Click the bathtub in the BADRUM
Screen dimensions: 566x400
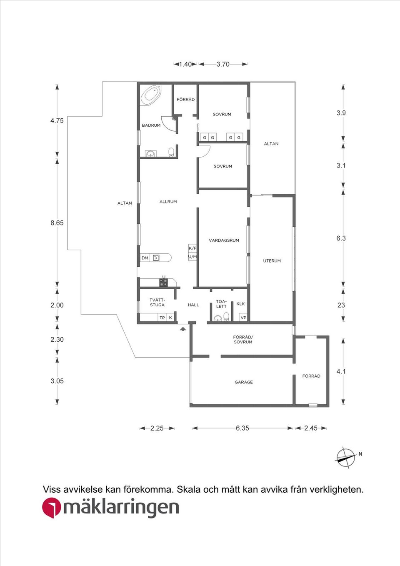point(151,95)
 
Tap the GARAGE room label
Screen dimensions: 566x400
point(244,382)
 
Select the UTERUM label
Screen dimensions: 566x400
point(272,261)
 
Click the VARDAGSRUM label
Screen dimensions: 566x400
point(224,240)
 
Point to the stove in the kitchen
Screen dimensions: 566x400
point(164,283)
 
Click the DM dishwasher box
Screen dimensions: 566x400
point(145,258)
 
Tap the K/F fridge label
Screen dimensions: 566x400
point(192,248)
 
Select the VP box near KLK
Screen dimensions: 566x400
point(243,318)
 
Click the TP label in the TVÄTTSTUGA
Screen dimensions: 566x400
point(162,318)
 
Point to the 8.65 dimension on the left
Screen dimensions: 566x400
point(57,223)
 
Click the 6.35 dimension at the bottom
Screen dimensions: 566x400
point(242,428)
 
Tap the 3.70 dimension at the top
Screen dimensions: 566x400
point(223,64)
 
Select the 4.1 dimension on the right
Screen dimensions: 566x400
point(341,371)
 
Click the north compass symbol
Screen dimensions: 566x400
point(346,457)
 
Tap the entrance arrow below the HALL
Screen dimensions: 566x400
point(182,329)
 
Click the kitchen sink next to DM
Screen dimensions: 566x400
point(156,258)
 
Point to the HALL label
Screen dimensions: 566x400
point(193,305)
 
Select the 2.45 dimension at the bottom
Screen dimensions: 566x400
point(310,428)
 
